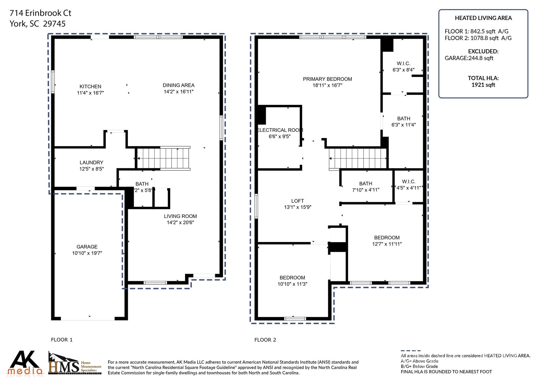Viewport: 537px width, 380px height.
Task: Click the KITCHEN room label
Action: click(90, 86)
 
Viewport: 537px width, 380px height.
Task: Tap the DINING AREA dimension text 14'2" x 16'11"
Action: click(179, 92)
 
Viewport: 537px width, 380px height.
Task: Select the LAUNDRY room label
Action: click(91, 163)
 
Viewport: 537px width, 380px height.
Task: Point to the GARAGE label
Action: click(87, 247)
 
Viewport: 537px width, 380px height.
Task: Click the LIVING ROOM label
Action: click(180, 216)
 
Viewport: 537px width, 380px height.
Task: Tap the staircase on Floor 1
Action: click(163, 158)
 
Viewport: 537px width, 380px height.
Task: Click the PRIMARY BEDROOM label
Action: click(327, 79)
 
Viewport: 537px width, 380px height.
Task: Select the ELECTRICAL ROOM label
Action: click(280, 130)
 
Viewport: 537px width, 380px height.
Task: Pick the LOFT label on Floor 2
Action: click(297, 201)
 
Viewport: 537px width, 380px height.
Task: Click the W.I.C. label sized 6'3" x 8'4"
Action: click(403, 64)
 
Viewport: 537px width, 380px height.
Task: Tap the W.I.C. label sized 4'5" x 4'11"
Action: click(409, 182)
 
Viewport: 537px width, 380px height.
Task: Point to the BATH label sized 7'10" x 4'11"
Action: click(366, 184)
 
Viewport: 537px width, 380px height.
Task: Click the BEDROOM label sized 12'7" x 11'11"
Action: click(387, 238)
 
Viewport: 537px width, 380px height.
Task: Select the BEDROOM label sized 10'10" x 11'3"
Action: click(292, 278)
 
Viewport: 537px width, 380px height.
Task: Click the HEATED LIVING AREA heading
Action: click(483, 18)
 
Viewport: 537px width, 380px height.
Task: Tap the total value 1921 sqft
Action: click(483, 85)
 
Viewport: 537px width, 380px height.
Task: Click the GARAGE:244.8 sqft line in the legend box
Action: click(469, 58)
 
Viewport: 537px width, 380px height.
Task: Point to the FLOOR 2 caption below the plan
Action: click(265, 340)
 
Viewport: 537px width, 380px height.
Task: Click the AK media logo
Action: click(25, 363)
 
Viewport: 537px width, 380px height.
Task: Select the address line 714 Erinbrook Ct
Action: click(40, 13)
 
